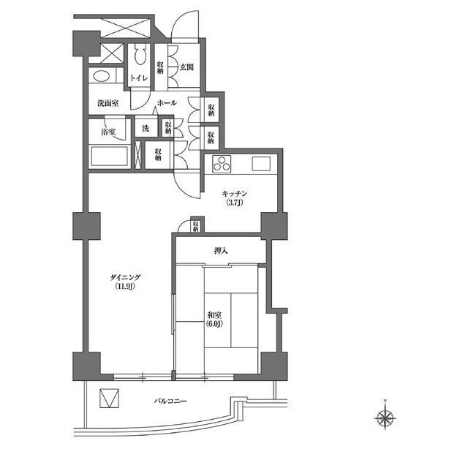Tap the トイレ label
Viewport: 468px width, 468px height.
tap(139, 78)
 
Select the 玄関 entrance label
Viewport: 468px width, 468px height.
tap(186, 67)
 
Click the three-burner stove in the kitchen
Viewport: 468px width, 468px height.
tap(222, 164)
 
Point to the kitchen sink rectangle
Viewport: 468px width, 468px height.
tap(261, 164)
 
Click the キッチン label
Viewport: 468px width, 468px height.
tap(235, 194)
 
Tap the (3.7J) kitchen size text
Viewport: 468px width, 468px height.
tap(235, 203)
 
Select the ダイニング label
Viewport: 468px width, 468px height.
tap(125, 277)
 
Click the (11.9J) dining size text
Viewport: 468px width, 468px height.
tap(125, 287)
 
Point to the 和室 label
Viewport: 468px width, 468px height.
tap(214, 315)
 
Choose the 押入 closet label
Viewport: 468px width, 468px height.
tap(221, 251)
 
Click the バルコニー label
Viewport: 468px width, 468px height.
tap(170, 401)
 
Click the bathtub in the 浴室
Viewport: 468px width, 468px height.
tap(110, 156)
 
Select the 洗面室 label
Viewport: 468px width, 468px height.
tap(108, 103)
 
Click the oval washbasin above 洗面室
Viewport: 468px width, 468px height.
tap(102, 76)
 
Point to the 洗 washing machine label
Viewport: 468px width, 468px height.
tap(146, 129)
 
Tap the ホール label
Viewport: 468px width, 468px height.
tap(167, 103)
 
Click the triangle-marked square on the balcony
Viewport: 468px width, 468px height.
tap(109, 398)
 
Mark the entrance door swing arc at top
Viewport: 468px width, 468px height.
tap(181, 20)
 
